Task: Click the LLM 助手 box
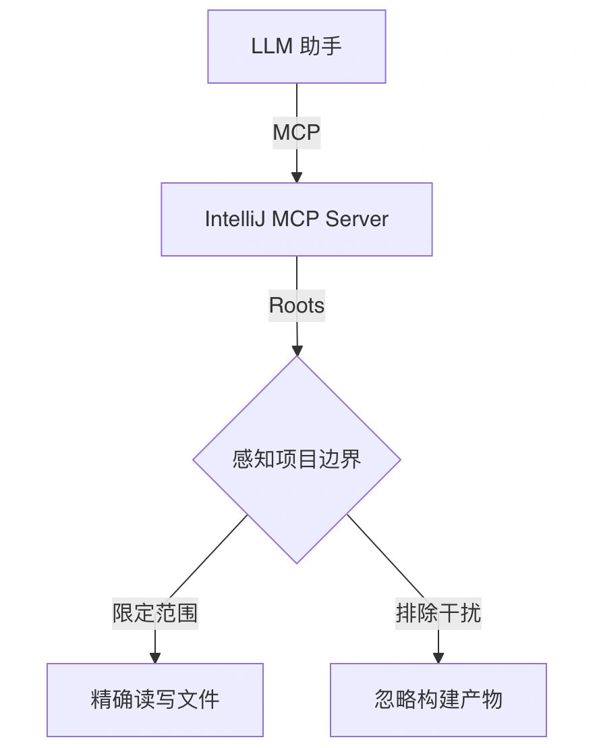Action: [x=296, y=47]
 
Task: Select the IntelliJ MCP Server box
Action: [x=296, y=219]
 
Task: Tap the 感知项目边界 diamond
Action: [x=297, y=460]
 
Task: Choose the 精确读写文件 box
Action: [x=155, y=699]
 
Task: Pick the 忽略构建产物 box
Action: [x=438, y=699]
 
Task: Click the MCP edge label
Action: [x=296, y=132]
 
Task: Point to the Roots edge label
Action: [x=297, y=306]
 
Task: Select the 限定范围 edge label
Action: [x=155, y=613]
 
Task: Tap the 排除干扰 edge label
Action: [x=438, y=613]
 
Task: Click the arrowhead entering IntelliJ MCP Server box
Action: [x=297, y=178]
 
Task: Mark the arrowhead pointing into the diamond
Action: [x=297, y=350]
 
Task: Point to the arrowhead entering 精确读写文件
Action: [x=155, y=658]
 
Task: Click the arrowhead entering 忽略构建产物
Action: [x=438, y=658]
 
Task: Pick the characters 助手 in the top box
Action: [x=322, y=47]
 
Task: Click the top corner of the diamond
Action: [x=297, y=358]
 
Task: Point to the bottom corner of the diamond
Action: [x=297, y=562]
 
